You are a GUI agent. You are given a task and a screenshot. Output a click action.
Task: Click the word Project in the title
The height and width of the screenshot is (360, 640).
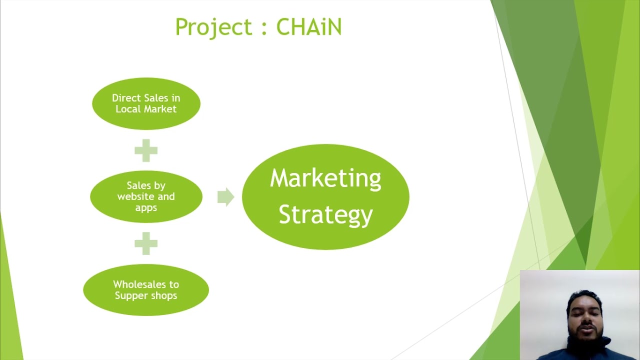point(213,27)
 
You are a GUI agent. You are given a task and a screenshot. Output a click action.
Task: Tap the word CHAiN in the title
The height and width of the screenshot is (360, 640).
point(308,27)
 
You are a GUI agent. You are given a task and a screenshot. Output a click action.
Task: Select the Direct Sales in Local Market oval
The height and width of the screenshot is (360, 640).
point(146,103)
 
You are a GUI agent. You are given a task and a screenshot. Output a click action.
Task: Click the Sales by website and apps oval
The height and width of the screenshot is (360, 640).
point(146,196)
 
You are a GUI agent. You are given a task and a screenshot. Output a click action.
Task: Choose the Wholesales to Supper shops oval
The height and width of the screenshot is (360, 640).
point(146,290)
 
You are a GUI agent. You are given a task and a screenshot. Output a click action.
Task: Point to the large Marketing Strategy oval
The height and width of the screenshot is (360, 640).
point(325,196)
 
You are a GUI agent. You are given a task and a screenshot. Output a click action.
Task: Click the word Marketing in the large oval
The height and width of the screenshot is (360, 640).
point(325,178)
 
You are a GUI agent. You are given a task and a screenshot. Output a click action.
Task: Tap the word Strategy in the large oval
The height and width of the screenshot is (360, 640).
point(325,214)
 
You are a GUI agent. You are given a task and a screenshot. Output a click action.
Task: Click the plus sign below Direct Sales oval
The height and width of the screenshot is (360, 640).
point(146,150)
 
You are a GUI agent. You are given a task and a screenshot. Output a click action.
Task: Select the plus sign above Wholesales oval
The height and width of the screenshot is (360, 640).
point(146,243)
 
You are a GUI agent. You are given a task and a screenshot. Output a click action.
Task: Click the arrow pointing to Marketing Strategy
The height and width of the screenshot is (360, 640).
point(225,196)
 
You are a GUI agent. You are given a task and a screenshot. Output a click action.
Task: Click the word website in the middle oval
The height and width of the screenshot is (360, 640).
point(135,196)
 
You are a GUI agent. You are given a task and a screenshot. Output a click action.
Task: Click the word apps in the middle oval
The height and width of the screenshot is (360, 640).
point(146,207)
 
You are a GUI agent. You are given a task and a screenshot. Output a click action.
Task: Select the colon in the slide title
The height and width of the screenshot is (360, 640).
point(263,28)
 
